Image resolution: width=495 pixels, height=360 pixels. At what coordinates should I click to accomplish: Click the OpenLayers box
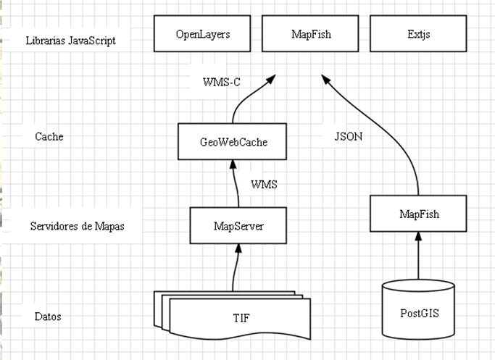[x=203, y=34]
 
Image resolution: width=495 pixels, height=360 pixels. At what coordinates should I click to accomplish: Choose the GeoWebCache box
[x=233, y=142]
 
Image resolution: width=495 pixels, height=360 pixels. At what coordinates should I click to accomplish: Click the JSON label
[x=349, y=135]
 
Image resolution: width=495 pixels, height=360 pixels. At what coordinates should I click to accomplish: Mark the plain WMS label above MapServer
[x=264, y=185]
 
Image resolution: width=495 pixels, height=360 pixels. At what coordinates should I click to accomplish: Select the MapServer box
[x=238, y=225]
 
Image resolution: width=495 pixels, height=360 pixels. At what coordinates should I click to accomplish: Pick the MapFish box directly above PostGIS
[x=418, y=214]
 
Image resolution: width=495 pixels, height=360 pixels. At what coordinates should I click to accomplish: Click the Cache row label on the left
[x=49, y=136]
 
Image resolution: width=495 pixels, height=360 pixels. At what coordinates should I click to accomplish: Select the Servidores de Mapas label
[x=77, y=226]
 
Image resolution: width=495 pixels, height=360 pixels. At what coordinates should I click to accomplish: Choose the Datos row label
[x=48, y=317]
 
